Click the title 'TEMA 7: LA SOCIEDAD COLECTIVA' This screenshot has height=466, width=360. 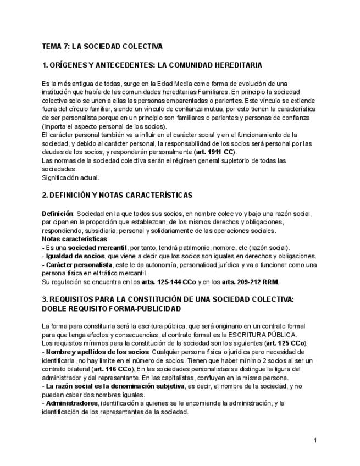[102, 46]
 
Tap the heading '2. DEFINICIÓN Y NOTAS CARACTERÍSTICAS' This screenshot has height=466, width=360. [117, 195]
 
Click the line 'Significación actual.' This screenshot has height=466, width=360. [71, 177]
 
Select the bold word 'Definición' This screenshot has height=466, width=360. [58, 213]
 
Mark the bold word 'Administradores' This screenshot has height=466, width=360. [71, 403]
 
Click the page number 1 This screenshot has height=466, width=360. [316, 440]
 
